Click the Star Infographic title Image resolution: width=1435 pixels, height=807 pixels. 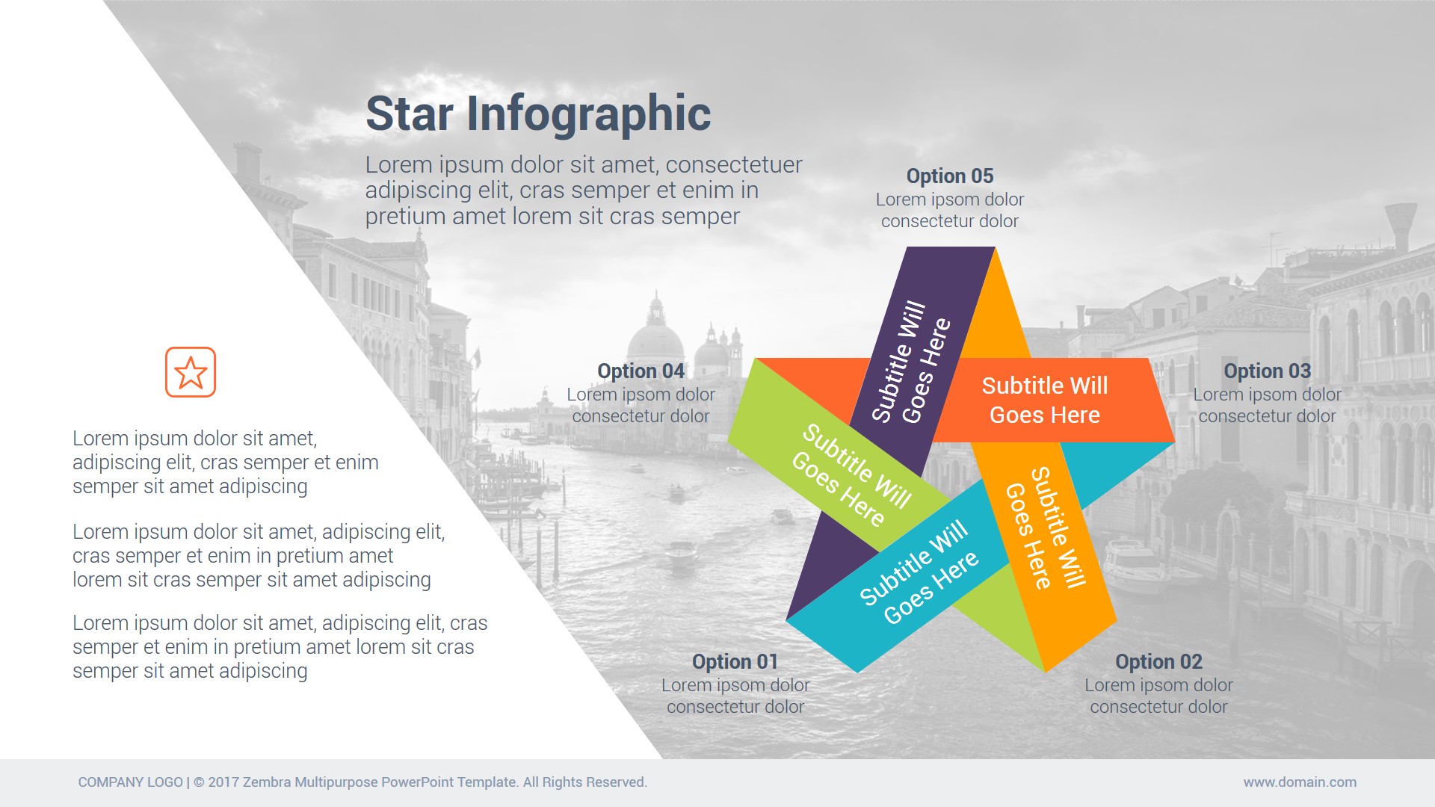(538, 114)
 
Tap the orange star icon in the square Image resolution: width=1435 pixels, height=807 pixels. (191, 372)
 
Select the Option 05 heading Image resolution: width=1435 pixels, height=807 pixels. (950, 176)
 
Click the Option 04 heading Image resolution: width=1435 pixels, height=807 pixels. (641, 371)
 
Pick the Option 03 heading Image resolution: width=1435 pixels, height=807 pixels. (1268, 371)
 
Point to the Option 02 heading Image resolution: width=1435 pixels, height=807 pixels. (1158, 662)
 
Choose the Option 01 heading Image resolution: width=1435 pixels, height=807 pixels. (735, 662)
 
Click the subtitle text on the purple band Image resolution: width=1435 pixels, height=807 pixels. (911, 362)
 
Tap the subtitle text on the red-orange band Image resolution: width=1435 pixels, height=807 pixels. (1045, 401)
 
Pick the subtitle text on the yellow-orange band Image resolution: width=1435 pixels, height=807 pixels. (1046, 528)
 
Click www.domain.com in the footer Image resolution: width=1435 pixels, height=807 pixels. (1300, 782)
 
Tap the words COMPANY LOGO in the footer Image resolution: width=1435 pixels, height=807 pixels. (131, 782)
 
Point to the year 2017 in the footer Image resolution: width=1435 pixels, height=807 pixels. (223, 782)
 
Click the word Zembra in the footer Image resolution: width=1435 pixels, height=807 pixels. (267, 782)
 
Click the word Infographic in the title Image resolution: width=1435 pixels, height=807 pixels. (589, 114)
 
